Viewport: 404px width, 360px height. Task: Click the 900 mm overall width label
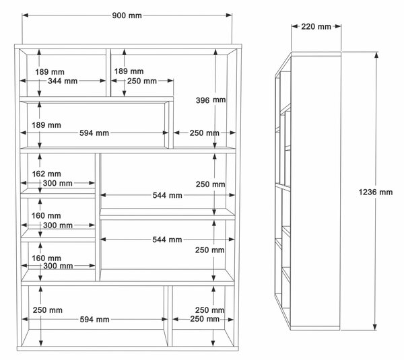point(127,15)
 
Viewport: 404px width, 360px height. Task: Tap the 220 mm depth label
point(316,26)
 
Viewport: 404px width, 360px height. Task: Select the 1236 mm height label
point(376,192)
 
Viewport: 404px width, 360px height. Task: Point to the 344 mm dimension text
point(63,81)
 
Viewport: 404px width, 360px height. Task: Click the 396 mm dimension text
point(211,100)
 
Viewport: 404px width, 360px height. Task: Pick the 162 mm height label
point(46,174)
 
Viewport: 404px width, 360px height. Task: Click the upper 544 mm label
point(167,195)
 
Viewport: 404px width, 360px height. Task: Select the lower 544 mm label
point(167,240)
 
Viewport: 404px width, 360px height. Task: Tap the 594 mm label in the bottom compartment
point(94,320)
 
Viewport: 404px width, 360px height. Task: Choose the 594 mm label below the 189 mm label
point(94,133)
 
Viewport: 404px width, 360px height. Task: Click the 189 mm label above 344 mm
point(50,72)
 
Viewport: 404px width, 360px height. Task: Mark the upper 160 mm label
point(46,215)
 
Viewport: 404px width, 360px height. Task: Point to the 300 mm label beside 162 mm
point(57,183)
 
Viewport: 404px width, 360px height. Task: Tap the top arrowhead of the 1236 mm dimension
point(376,55)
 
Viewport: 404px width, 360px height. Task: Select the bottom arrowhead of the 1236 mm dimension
point(375,327)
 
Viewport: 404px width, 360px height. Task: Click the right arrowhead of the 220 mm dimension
point(338,26)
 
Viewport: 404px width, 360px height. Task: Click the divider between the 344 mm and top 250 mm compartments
point(108,73)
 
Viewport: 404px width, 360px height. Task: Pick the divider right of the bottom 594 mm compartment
point(170,316)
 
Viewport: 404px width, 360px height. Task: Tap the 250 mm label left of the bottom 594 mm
point(48,310)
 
